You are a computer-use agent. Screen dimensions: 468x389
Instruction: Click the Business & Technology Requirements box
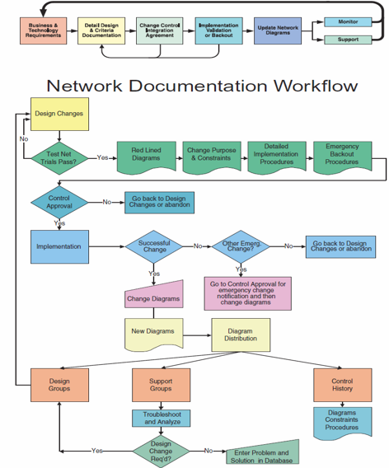tap(43, 30)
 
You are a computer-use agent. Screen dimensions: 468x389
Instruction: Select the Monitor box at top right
tap(348, 21)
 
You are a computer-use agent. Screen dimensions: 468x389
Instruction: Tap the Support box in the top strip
tap(348, 40)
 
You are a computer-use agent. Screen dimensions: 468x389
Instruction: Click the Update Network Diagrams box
tap(278, 30)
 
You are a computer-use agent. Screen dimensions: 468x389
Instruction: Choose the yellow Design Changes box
tap(59, 114)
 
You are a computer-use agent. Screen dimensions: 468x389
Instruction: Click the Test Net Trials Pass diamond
tap(59, 157)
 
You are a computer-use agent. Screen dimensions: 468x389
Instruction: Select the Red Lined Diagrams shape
tap(146, 155)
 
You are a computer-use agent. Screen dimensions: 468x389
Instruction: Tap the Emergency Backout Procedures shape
tap(342, 155)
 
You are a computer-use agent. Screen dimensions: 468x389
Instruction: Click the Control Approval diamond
tap(59, 202)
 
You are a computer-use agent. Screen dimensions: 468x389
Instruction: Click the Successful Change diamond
tap(154, 246)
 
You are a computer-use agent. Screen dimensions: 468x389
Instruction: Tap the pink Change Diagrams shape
tap(154, 297)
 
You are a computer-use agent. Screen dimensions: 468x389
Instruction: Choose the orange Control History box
tap(342, 386)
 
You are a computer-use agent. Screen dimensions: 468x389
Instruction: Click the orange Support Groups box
tap(161, 386)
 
